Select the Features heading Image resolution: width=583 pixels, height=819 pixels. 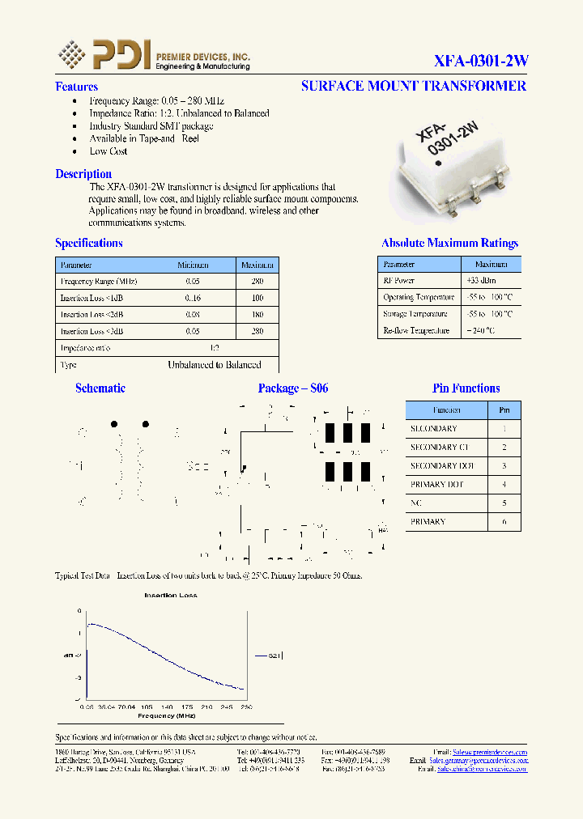pyautogui.click(x=76, y=87)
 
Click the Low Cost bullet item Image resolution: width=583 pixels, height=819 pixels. pyautogui.click(x=109, y=151)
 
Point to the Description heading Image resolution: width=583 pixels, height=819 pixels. pyautogui.click(x=83, y=174)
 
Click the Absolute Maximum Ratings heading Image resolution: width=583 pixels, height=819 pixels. pyautogui.click(x=449, y=243)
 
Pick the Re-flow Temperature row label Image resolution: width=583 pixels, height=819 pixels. pyautogui.click(x=416, y=330)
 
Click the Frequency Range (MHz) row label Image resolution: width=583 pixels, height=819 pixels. pyautogui.click(x=99, y=282)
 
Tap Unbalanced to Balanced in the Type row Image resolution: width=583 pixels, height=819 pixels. pyautogui.click(x=214, y=365)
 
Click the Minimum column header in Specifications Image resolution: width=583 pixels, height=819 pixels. pyautogui.click(x=193, y=265)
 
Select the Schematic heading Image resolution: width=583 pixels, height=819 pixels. pyautogui.click(x=100, y=388)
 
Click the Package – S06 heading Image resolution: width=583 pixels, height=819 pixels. pyautogui.click(x=293, y=388)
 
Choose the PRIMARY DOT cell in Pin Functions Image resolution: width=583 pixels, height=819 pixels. pyautogui.click(x=436, y=485)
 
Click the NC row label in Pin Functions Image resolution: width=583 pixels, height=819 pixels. pyautogui.click(x=416, y=503)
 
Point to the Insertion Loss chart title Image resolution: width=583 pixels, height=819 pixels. pyautogui.click(x=170, y=596)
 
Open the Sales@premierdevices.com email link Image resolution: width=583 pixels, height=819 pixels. pyautogui.click(x=489, y=752)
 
